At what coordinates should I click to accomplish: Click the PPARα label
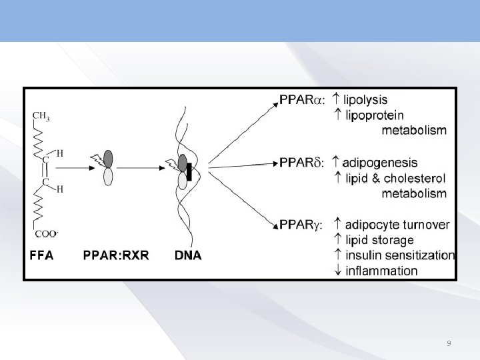302,100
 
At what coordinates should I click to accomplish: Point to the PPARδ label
302,162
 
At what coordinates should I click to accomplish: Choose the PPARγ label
302,225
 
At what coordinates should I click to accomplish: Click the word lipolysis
365,100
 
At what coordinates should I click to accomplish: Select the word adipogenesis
381,162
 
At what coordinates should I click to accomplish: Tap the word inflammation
381,271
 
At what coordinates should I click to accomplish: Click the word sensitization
419,255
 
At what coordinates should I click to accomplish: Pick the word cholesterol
411,178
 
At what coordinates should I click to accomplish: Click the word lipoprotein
376,115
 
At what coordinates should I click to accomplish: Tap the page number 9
449,343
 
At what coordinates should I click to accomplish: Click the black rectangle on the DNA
189,172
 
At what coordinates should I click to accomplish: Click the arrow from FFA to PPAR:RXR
79,169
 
